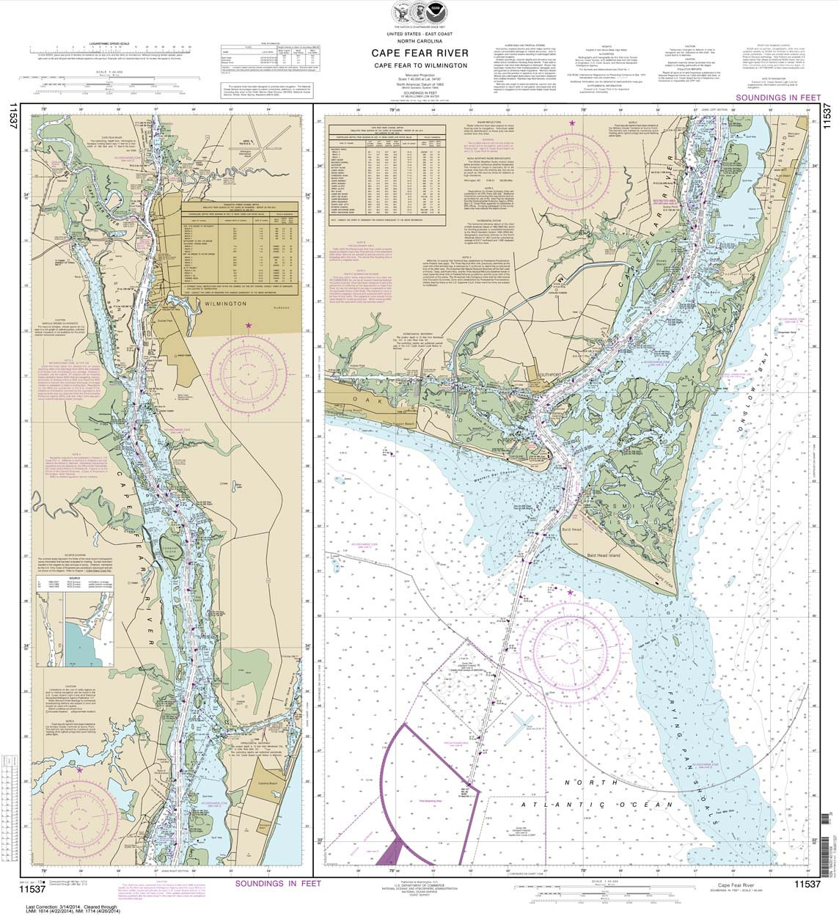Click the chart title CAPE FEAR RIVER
[419, 53]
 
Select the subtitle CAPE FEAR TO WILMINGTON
[419, 65]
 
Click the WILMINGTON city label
[221, 302]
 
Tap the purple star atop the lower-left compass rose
[79, 770]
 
